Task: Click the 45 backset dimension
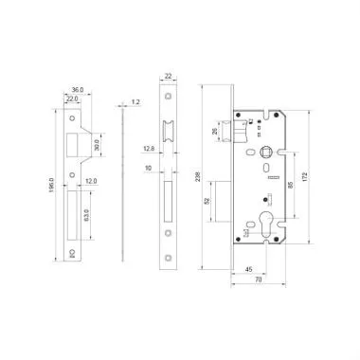coord(247,267)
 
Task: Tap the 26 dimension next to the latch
coord(215,131)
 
